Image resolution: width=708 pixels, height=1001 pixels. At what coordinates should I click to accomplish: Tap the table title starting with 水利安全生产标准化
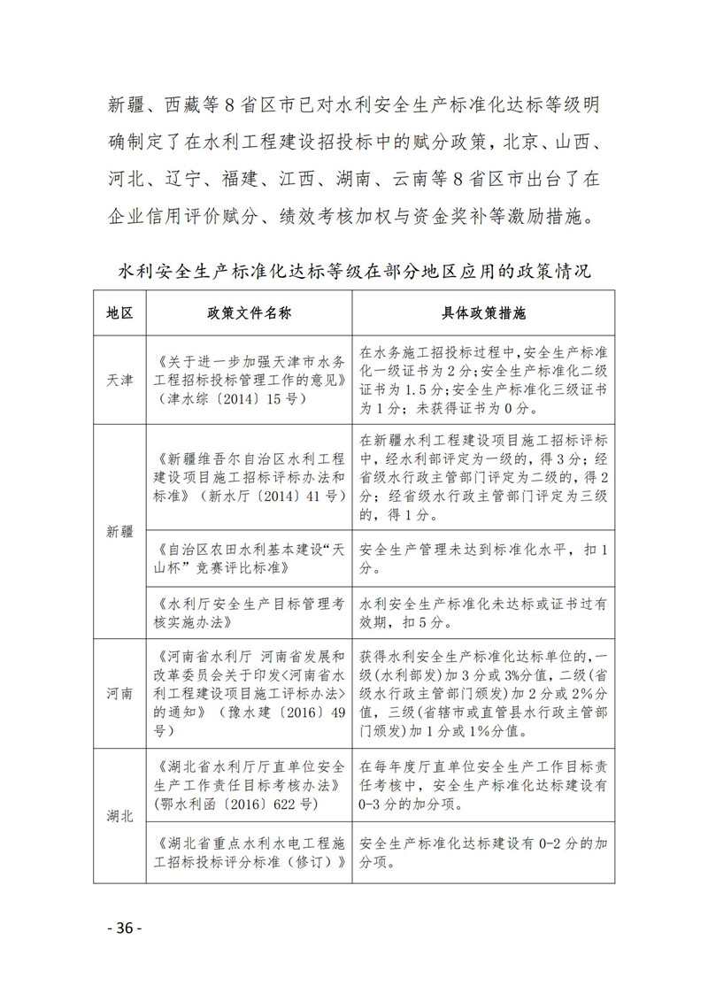(x=354, y=269)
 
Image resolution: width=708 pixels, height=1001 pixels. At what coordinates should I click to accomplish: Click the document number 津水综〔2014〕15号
(x=230, y=397)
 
